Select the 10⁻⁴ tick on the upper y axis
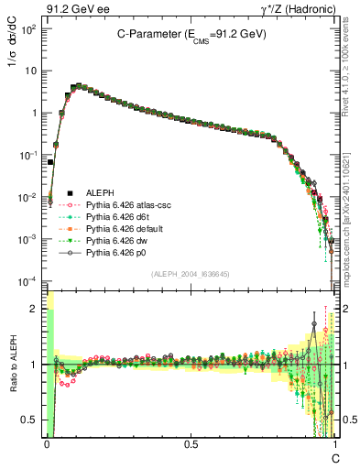[x=29, y=280]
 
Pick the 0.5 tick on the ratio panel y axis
[x=30, y=420]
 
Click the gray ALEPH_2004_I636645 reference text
[x=191, y=274]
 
